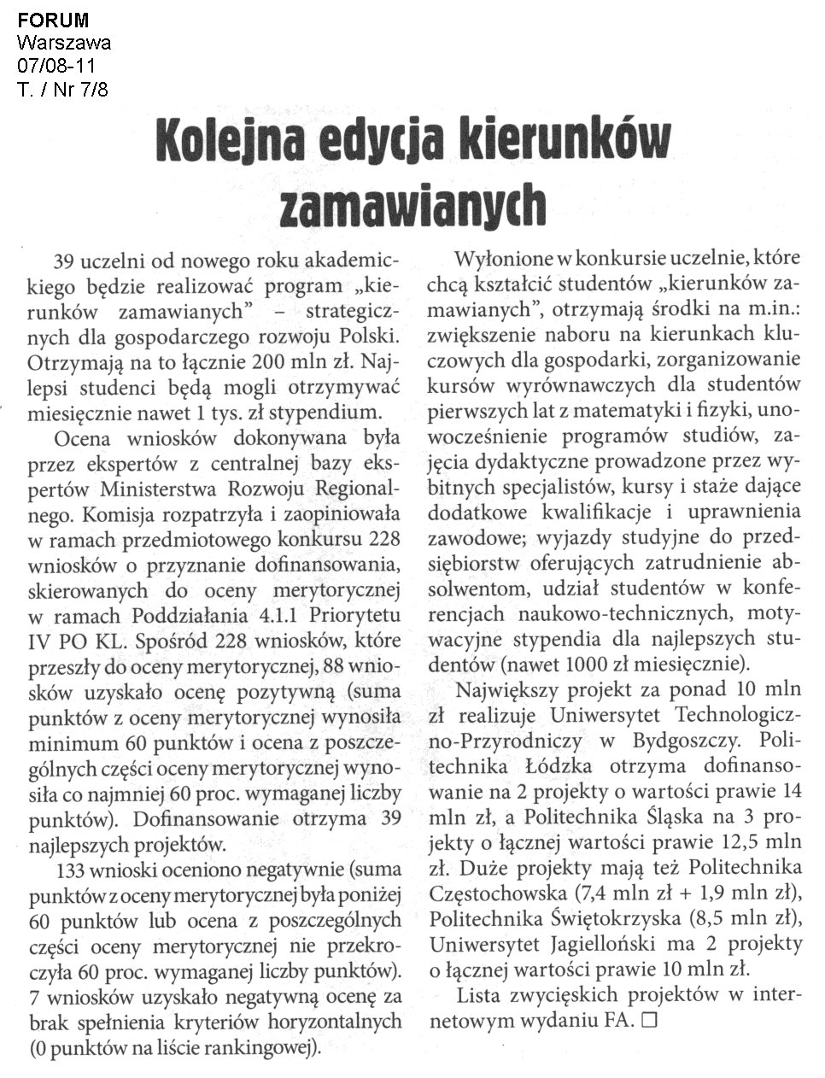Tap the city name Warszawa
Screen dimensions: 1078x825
click(x=63, y=43)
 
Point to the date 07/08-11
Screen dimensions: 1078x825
click(x=56, y=65)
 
